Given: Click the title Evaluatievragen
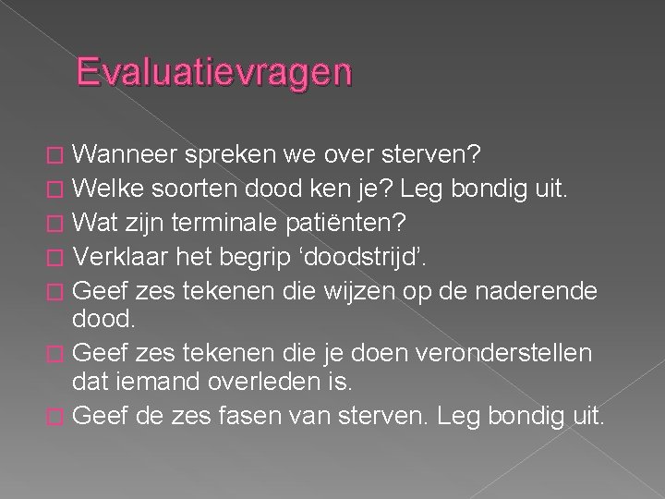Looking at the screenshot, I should pyautogui.click(x=214, y=72).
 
